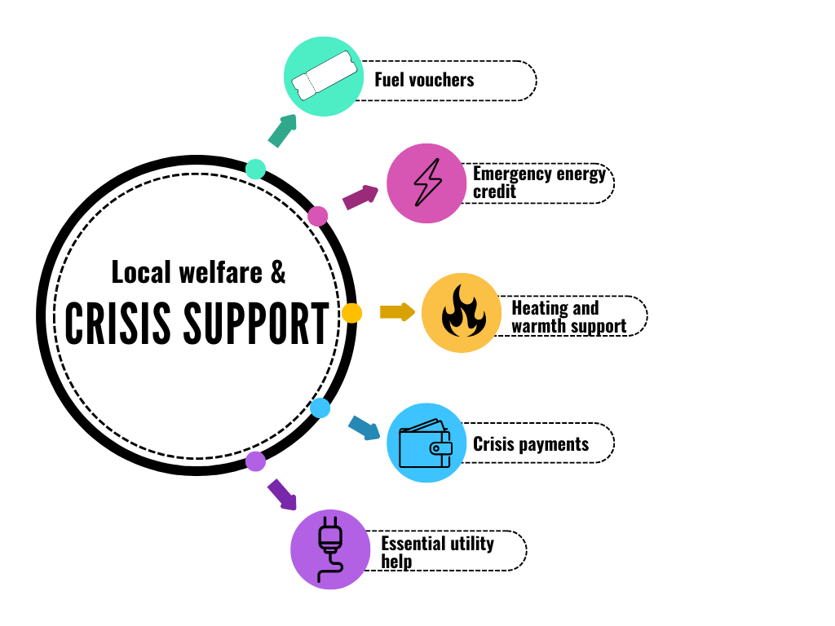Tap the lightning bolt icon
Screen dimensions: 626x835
[x=426, y=183]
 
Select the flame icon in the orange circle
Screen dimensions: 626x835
[x=462, y=313]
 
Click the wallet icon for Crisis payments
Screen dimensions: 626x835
[x=426, y=444]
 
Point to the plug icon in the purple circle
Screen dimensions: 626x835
[x=329, y=548]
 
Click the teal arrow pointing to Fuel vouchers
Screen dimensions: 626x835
[x=281, y=130]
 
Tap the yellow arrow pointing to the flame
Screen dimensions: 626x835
[x=397, y=312]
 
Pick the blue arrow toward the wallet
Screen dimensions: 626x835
[x=364, y=428]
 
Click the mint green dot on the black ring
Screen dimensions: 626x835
[x=255, y=169]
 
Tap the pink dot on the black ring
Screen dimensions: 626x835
[x=318, y=216]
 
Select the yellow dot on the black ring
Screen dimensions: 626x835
[x=351, y=313]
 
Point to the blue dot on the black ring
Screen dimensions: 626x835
[x=320, y=408]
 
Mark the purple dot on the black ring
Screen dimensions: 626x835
[x=256, y=461]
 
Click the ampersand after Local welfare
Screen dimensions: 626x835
[x=278, y=271]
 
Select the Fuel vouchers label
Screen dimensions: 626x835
[x=424, y=80]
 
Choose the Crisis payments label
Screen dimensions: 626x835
[x=531, y=444]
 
